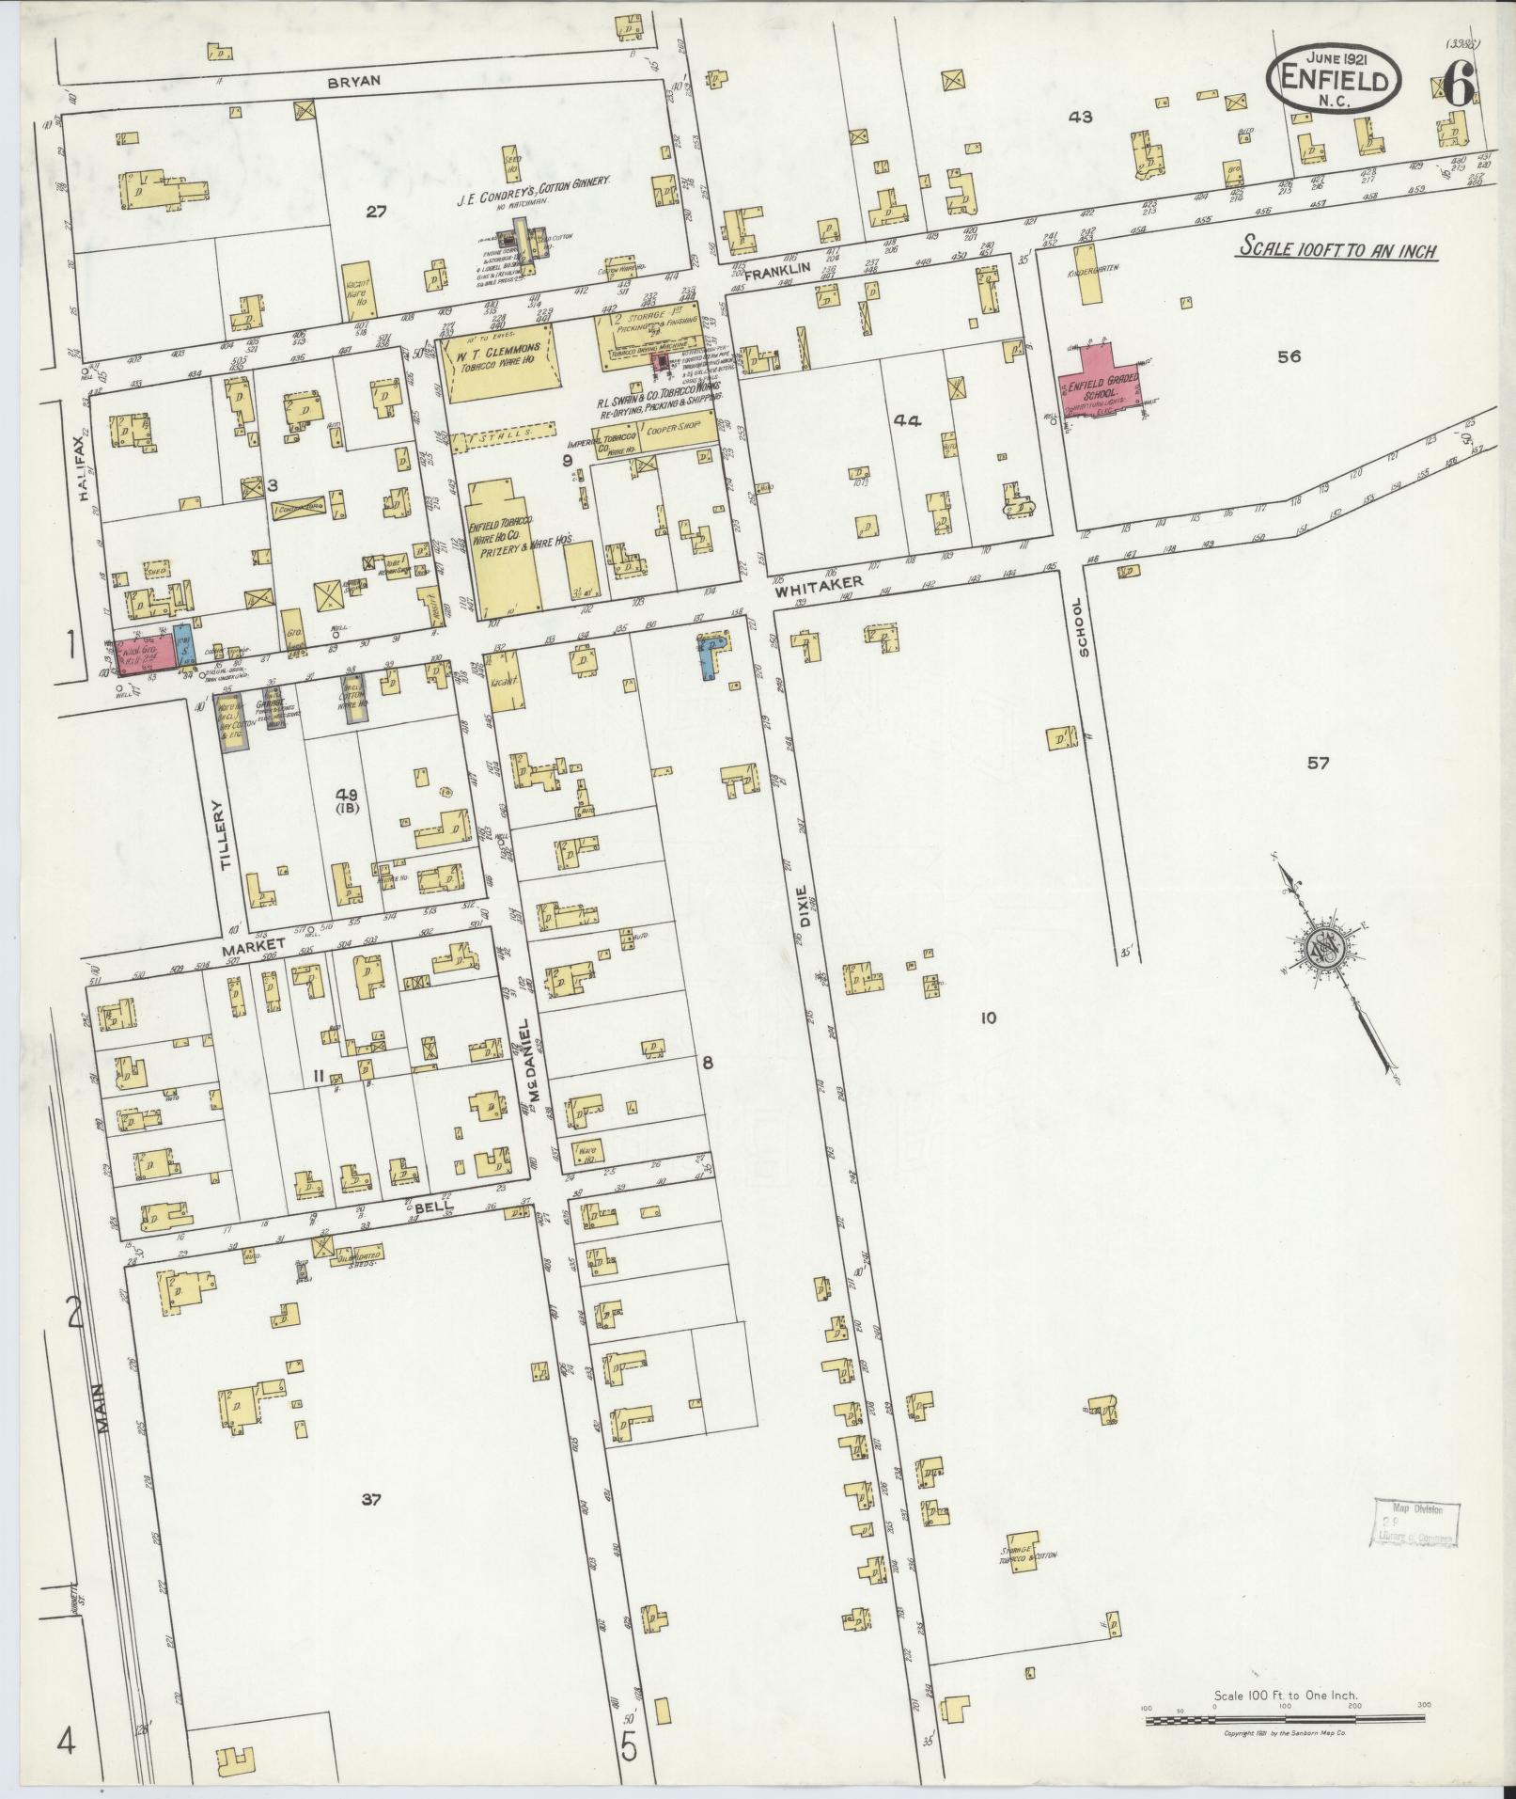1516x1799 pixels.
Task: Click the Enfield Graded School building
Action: [1100, 387]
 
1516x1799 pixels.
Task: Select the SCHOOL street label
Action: [1084, 627]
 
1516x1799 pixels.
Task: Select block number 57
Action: [1319, 764]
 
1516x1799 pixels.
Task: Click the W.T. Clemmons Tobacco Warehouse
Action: [494, 363]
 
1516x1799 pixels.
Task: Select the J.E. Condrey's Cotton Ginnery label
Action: [534, 180]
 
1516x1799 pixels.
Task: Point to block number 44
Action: [909, 420]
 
